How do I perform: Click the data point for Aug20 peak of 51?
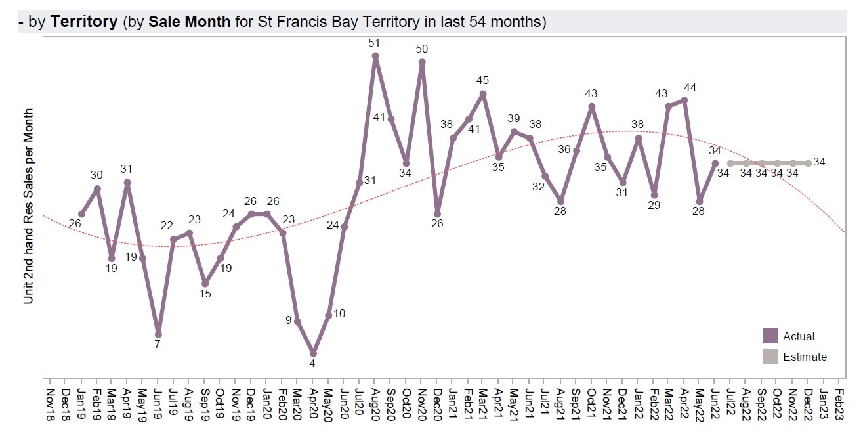point(375,56)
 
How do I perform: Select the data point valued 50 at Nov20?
point(422,62)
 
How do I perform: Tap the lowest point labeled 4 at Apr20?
point(313,353)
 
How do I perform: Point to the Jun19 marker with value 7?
point(158,334)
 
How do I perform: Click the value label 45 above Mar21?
point(483,80)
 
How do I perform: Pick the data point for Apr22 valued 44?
point(684,100)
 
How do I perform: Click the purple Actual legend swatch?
point(770,336)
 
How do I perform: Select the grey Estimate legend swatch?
point(770,357)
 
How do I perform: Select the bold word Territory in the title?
point(84,22)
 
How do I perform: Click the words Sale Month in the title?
point(190,22)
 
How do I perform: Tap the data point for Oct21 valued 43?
point(592,106)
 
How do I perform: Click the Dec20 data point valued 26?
point(437,213)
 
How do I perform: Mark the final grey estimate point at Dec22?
point(809,163)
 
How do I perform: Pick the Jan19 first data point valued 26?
point(81,213)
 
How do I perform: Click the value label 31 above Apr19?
point(127,169)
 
